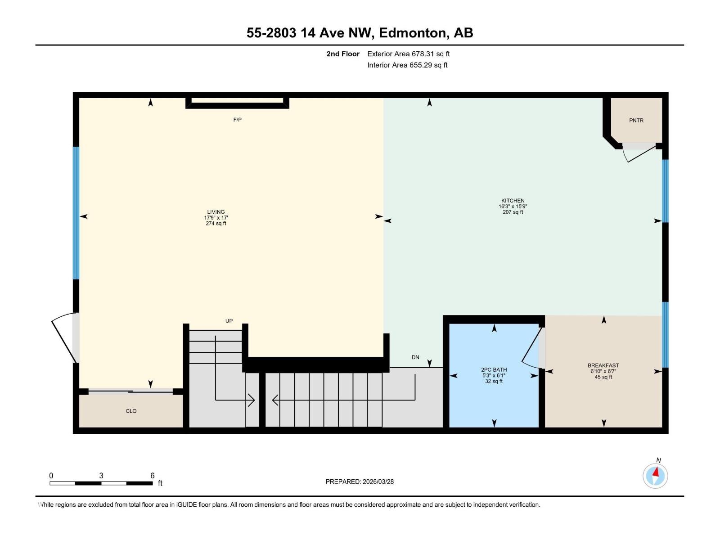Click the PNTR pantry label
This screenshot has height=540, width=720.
coord(636,121)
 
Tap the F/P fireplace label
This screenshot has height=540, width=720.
coord(237,120)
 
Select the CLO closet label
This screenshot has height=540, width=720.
coord(131,411)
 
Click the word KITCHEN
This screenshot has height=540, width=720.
coord(513,201)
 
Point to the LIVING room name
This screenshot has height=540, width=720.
coord(216,212)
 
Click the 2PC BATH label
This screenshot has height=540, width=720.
coord(494,370)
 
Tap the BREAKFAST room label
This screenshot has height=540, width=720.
coord(603,365)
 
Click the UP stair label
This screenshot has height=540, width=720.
coord(229,321)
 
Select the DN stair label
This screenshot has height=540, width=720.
coord(415,357)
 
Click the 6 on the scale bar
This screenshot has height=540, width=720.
coord(153,476)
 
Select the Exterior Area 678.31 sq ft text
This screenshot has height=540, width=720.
coord(408,54)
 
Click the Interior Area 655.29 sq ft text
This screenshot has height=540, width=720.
coord(407,65)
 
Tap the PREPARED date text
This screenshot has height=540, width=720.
coord(360,481)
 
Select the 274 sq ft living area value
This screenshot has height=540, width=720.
coord(216,224)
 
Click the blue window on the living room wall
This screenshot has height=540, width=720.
coord(76,213)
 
